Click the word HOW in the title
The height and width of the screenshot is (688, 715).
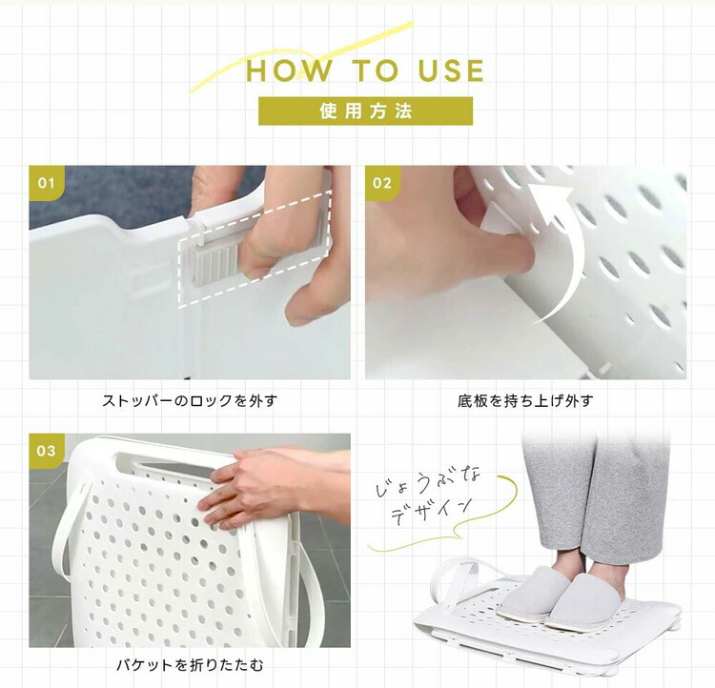[x=289, y=71]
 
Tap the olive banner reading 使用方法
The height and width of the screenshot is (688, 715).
[x=365, y=111]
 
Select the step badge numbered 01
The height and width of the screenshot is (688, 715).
[x=47, y=183]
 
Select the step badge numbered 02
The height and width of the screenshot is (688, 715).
[x=382, y=183]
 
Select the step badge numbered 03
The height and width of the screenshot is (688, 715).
[x=47, y=451]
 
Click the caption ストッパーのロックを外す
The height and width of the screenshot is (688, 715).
[x=190, y=401]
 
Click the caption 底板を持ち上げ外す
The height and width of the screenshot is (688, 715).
[x=525, y=401]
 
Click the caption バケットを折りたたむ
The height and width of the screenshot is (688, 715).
[x=190, y=665]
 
